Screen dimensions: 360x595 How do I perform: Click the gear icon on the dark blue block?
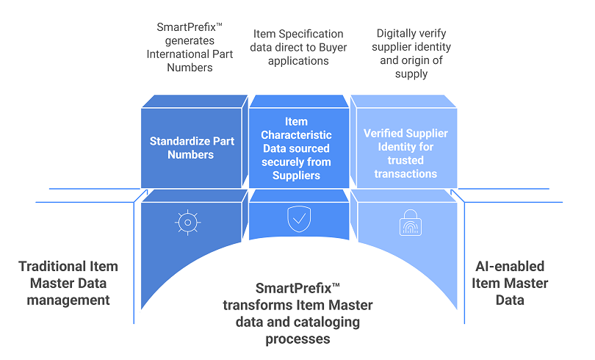pos(188,222)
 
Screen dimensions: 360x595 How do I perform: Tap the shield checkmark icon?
pos(298,220)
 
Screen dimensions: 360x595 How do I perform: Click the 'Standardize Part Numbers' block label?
pos(191,147)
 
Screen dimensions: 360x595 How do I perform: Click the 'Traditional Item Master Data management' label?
pos(68,283)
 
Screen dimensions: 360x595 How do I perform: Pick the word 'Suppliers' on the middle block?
pos(296,175)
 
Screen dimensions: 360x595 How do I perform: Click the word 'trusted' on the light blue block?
pos(405,160)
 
